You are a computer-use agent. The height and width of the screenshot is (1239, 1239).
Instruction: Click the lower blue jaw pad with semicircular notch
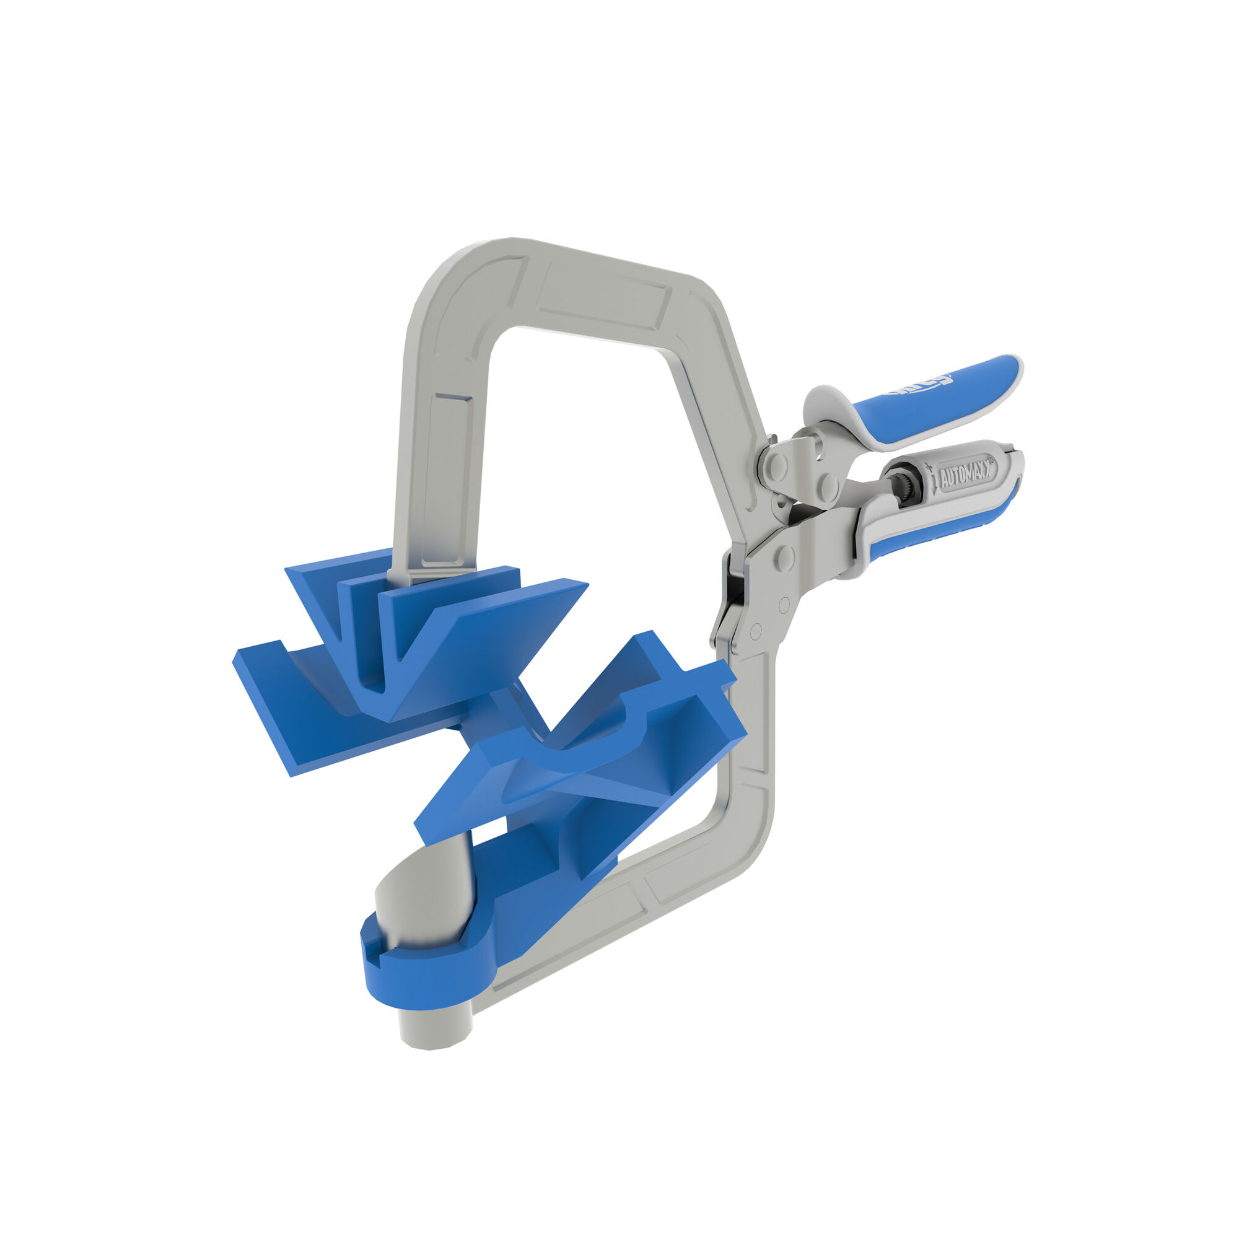[577, 769]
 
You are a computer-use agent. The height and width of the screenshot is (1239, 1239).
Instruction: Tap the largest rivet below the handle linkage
[782, 558]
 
